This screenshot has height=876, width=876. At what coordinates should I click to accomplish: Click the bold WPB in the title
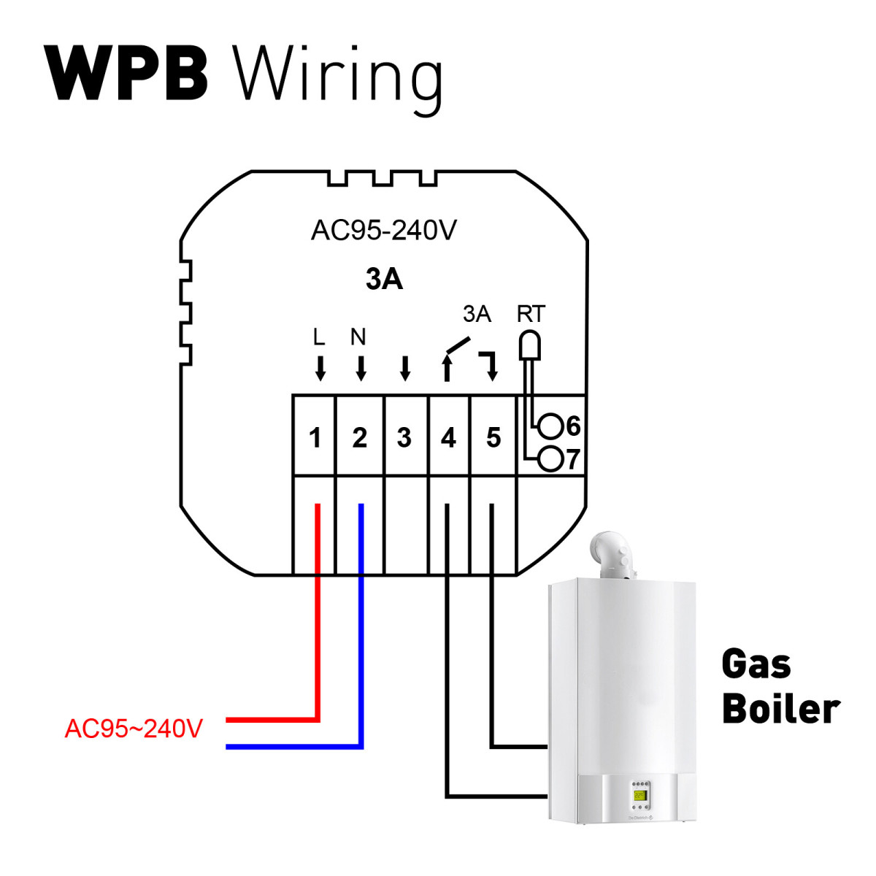tap(126, 74)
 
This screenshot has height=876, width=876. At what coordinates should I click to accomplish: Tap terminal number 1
tap(315, 438)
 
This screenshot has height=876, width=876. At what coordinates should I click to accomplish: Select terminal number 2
tap(359, 438)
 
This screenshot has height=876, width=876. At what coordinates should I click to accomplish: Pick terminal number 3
tap(404, 438)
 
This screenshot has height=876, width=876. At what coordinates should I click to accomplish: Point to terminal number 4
tap(448, 438)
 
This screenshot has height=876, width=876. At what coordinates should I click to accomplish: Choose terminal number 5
tap(493, 438)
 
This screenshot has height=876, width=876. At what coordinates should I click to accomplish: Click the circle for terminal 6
tap(551, 426)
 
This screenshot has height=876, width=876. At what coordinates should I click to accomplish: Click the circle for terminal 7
tap(551, 459)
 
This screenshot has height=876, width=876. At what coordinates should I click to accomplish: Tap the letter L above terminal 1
tap(318, 337)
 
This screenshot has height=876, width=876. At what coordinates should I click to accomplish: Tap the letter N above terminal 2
tap(358, 337)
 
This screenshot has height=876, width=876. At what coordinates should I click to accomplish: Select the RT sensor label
tap(531, 314)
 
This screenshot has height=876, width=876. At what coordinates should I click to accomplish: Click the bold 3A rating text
tap(384, 280)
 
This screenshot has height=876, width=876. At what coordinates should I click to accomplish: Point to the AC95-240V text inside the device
tap(384, 231)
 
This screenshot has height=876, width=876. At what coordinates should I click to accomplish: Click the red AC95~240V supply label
tap(134, 729)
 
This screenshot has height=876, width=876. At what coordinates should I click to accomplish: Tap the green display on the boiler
tap(640, 795)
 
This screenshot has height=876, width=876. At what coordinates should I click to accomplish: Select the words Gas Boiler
tap(780, 687)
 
